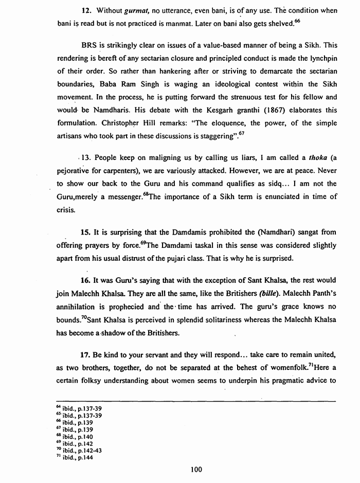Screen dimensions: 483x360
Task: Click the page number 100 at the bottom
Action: [195, 469]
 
